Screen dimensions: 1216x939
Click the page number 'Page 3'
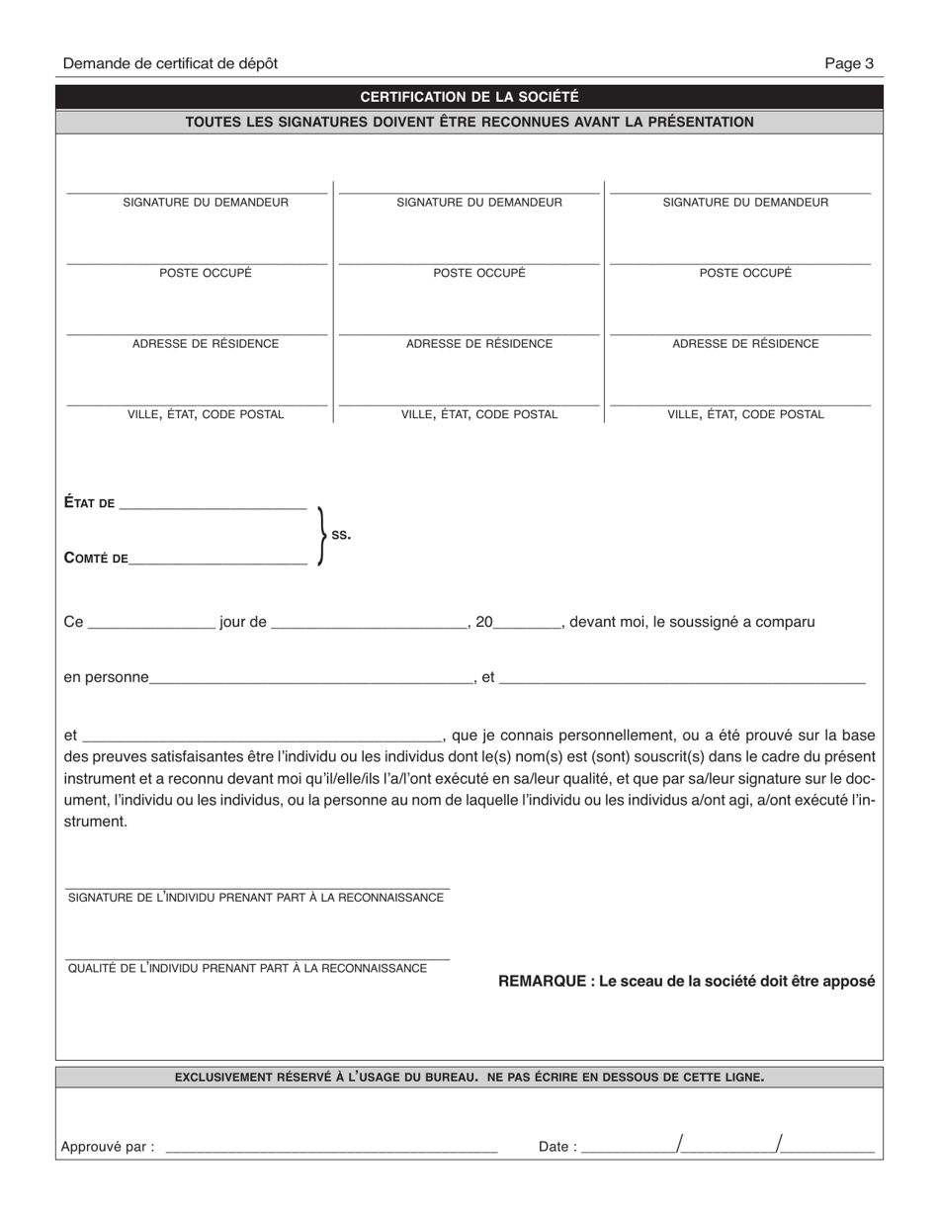click(x=849, y=63)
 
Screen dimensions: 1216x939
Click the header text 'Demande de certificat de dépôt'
click(x=170, y=63)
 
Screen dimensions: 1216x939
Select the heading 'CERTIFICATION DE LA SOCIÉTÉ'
click(x=469, y=97)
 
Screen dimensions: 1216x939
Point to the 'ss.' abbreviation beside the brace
click(x=341, y=534)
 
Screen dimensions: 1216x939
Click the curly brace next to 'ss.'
click(x=320, y=535)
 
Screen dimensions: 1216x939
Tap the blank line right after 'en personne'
click(x=311, y=678)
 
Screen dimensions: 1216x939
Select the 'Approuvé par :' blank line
click(x=331, y=1148)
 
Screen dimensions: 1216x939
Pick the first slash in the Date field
click(x=679, y=1145)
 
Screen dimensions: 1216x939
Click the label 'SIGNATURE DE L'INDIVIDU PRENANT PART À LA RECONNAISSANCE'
click(x=256, y=898)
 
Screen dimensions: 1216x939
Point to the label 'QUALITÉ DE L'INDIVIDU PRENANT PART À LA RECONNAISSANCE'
click(x=247, y=968)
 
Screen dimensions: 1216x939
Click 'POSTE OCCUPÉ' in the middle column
click(x=479, y=273)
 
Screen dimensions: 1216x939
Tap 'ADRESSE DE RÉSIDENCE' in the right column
click(x=745, y=344)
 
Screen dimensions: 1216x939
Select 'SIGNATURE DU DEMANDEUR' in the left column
click(x=206, y=203)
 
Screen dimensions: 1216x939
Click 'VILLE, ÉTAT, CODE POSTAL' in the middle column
click(x=479, y=415)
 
